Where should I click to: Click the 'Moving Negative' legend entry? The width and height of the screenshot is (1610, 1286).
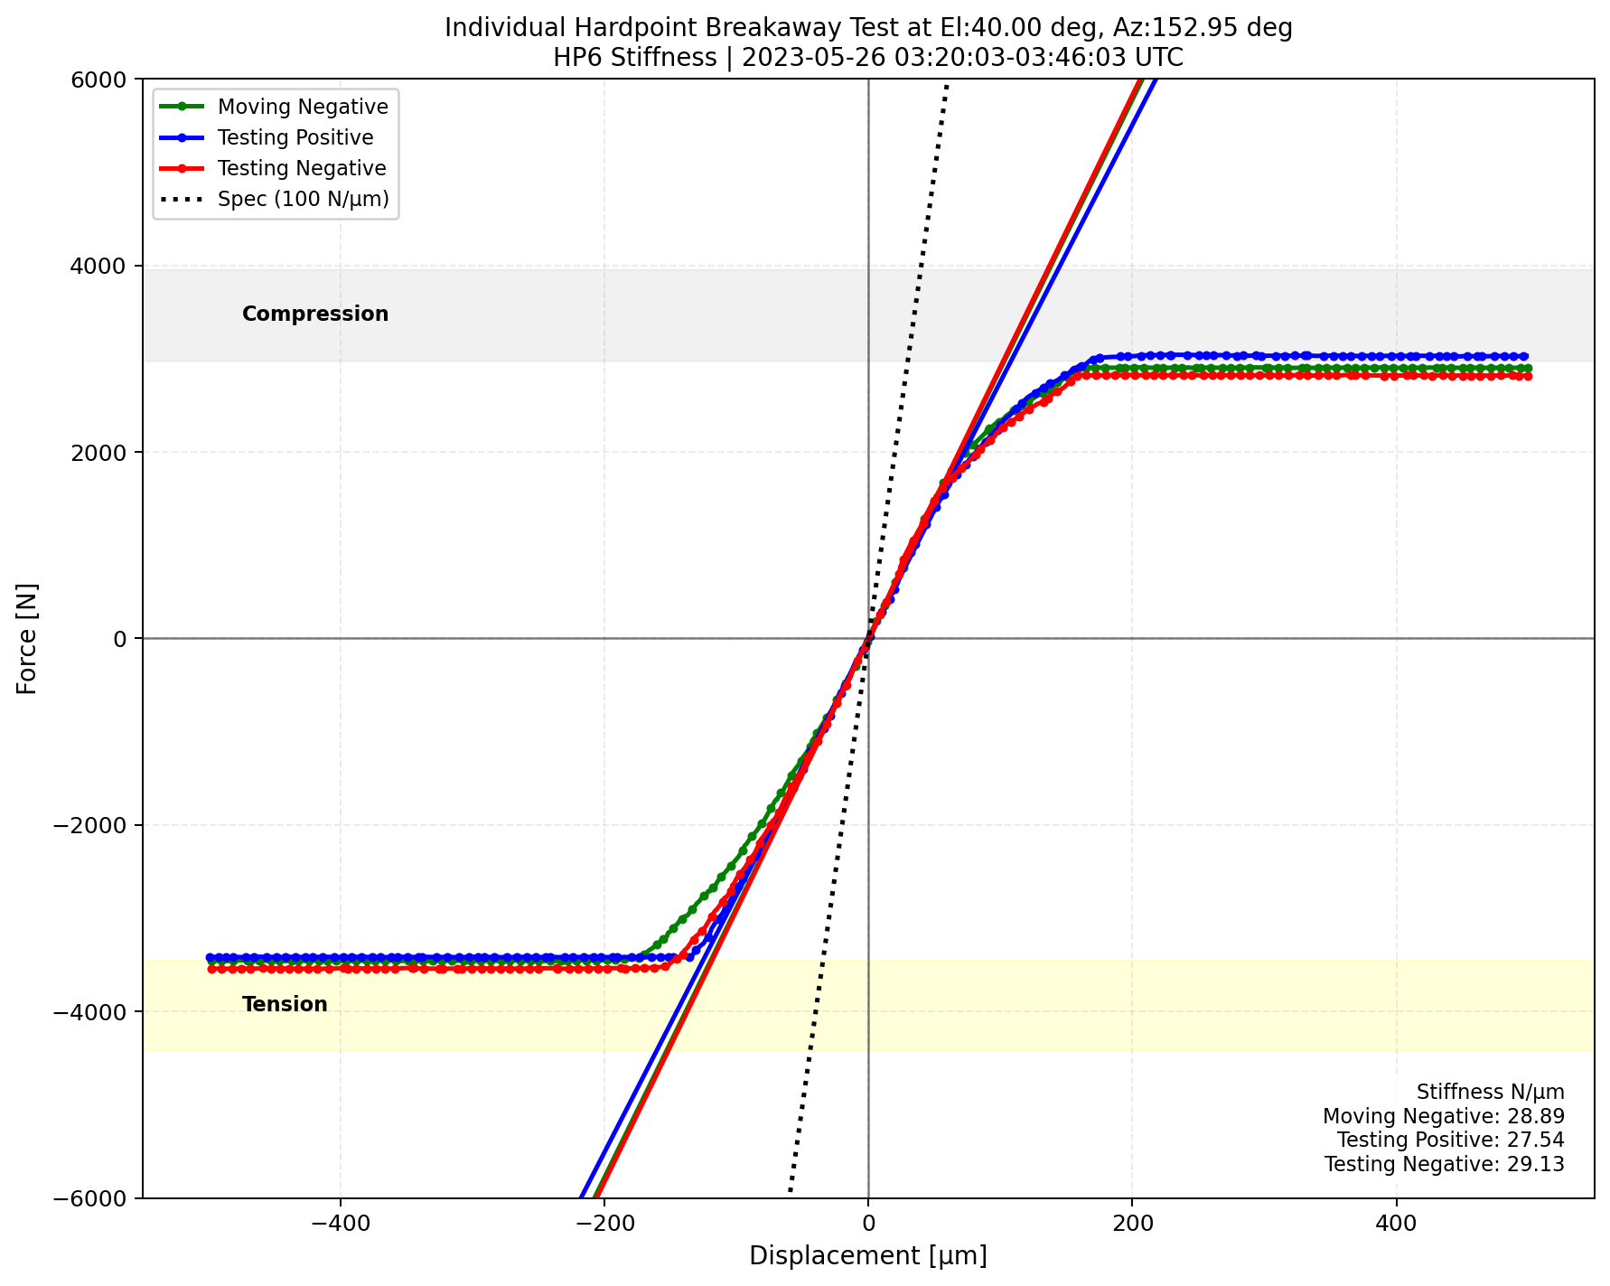pyautogui.click(x=303, y=107)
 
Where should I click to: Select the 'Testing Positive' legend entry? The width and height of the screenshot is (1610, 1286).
pyautogui.click(x=295, y=137)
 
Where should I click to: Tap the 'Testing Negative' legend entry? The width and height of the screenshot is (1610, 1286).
pyautogui.click(x=302, y=168)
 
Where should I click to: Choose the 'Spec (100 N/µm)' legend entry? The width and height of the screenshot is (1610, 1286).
pyautogui.click(x=303, y=199)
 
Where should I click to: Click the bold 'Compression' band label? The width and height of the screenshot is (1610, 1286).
pyautogui.click(x=315, y=314)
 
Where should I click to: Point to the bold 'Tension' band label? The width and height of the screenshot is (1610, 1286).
pyautogui.click(x=285, y=1004)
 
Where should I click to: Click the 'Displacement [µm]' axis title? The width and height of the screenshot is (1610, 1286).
pyautogui.click(x=867, y=1255)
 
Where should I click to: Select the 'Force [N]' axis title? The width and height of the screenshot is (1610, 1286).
pyautogui.click(x=28, y=638)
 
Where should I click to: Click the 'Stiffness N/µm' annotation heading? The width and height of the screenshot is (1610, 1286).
pyautogui.click(x=1490, y=1092)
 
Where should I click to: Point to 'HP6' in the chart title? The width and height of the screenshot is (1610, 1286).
pyautogui.click(x=573, y=58)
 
